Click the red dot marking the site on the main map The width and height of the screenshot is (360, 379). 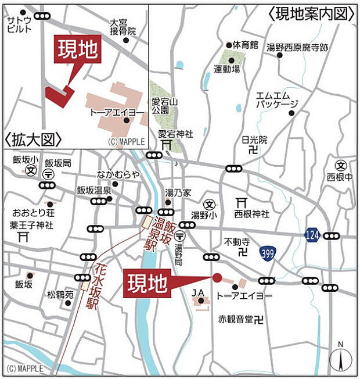point(217,278)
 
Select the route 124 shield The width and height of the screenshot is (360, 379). point(311,235)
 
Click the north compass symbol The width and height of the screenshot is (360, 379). point(341,359)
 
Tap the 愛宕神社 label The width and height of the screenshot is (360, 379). point(175,134)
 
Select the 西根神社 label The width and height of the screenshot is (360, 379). point(252,214)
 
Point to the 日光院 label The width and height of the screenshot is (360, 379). point(254,140)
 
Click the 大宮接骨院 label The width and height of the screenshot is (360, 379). point(123,27)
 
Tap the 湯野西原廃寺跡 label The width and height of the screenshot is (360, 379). point(297,47)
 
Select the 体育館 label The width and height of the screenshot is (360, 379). point(246,45)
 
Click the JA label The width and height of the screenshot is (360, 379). point(198,292)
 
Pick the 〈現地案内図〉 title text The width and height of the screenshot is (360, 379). point(312,13)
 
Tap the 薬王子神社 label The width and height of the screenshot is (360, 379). point(31,225)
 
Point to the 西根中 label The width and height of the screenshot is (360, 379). point(339,176)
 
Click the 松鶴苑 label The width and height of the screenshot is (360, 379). point(60,295)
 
